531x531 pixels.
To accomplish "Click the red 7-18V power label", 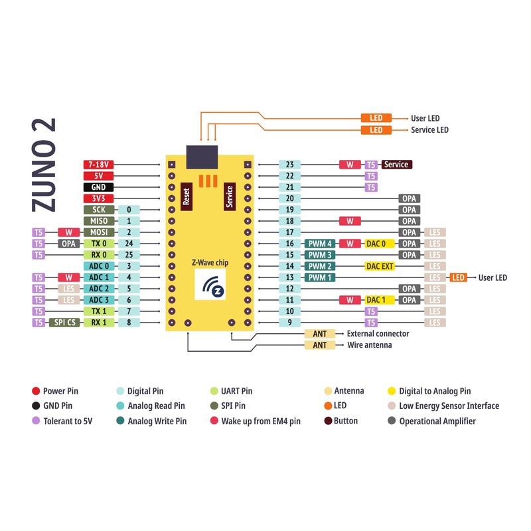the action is click(x=98, y=164).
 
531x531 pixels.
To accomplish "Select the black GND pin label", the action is click(x=98, y=187).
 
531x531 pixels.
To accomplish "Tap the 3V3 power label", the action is click(x=98, y=198).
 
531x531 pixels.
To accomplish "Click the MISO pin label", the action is click(x=98, y=221).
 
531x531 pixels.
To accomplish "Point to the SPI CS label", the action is click(x=64, y=322).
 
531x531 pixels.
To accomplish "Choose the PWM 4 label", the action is click(x=320, y=244).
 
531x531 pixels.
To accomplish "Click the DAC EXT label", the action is click(x=380, y=266).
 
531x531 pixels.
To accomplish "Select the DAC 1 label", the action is click(x=380, y=300).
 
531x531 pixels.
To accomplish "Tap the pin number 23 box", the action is click(x=289, y=165).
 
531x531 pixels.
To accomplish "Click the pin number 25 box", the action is click(x=129, y=255).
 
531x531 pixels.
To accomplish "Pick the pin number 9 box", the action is click(x=289, y=323).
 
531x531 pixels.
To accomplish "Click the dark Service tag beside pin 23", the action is click(x=396, y=165).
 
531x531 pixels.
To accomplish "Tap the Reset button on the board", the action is click(x=186, y=197).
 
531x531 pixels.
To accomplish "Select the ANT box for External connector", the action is click(x=320, y=334).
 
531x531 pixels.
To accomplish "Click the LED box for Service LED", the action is click(x=376, y=130).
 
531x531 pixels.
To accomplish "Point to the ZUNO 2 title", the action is click(x=43, y=165).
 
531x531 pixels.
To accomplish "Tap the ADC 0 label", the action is click(x=98, y=266).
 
